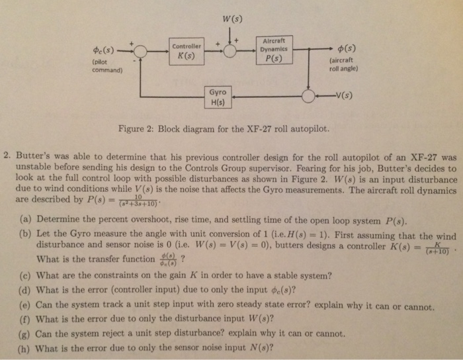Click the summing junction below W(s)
(231, 51)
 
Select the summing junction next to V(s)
(309, 97)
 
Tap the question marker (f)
(24, 320)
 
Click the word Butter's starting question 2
(31, 159)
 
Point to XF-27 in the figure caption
(267, 128)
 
